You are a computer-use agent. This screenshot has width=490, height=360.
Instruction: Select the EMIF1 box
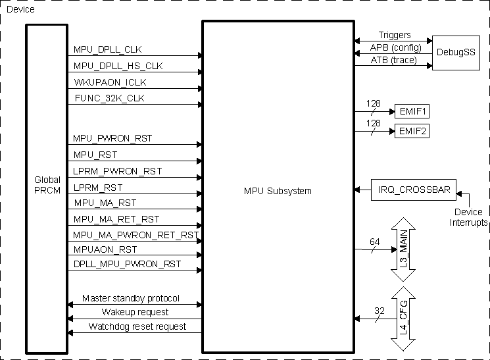coord(412,111)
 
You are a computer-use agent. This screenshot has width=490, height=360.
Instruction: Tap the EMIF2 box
coord(412,131)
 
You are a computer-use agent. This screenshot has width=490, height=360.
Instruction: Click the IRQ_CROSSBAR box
coord(414,190)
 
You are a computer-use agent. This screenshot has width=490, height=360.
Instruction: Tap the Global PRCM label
coord(47,185)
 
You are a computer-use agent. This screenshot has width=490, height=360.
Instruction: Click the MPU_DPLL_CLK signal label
coord(107,50)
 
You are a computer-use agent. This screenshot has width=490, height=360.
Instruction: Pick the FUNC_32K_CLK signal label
coord(109,98)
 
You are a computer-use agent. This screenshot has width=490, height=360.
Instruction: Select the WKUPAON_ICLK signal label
coord(110,82)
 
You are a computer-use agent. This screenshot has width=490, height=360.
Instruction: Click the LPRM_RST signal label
coord(95,187)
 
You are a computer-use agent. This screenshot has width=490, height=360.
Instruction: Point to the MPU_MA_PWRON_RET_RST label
coord(136,235)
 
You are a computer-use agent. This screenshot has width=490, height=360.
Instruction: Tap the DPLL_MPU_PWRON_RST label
coord(127,265)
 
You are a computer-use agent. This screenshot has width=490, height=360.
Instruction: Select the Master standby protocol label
coord(130,298)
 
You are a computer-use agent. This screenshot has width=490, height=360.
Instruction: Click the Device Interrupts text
coord(468,218)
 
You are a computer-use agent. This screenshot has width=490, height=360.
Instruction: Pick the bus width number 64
coord(374,242)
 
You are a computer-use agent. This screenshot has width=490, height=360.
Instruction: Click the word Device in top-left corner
coord(20,10)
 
